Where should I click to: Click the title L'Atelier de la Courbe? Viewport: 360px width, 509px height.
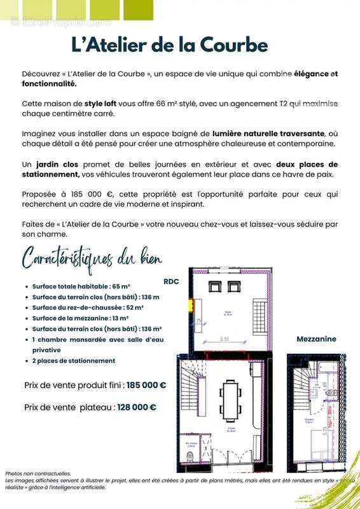click(x=169, y=45)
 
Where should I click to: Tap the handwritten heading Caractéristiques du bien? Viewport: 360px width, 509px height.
click(x=92, y=259)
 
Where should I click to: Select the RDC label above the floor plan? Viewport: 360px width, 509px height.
click(x=171, y=280)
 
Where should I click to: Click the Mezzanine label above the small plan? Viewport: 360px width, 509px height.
click(x=316, y=339)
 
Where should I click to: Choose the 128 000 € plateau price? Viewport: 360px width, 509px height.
click(x=135, y=407)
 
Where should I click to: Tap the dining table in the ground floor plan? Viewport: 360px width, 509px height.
click(x=230, y=399)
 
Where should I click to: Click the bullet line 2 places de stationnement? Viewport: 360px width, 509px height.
click(x=74, y=361)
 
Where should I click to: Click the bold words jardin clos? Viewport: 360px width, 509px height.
click(x=58, y=164)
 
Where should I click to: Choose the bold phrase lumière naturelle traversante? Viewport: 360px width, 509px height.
click(x=268, y=134)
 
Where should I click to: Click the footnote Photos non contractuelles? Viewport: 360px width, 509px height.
click(x=38, y=473)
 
